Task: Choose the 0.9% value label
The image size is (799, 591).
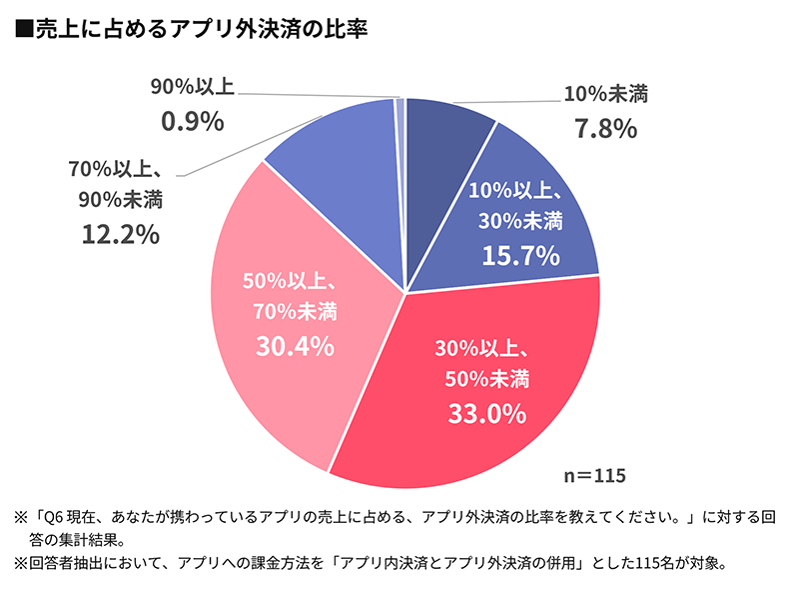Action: coord(192,121)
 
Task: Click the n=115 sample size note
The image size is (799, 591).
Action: coord(595,472)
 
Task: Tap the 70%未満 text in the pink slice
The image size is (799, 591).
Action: coord(295,312)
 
